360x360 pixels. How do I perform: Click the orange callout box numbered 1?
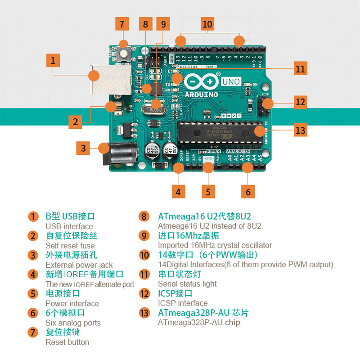(53, 61)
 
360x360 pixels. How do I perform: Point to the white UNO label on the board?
(231, 82)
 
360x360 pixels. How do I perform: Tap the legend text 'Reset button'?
(67, 342)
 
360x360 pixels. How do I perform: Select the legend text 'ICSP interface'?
(183, 303)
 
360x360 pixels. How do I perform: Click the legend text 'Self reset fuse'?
(70, 245)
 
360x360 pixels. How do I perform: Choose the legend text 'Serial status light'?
(187, 283)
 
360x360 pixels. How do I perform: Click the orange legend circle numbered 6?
(33, 313)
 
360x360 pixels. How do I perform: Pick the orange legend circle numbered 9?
(144, 235)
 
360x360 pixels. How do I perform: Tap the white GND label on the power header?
(208, 158)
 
